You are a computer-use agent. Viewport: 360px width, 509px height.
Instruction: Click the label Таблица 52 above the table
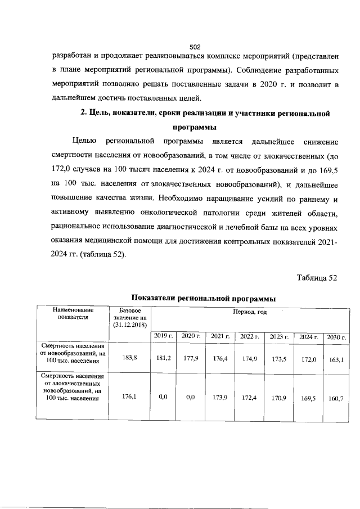pyautogui.click(x=317, y=277)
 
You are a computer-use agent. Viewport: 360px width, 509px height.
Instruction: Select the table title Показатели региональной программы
pyautogui.click(x=204, y=298)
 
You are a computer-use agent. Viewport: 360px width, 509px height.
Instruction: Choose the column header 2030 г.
pyautogui.click(x=336, y=336)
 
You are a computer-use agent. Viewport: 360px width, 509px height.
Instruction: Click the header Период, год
pyautogui.click(x=250, y=311)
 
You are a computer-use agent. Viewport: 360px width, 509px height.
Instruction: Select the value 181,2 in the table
pyautogui.click(x=164, y=357)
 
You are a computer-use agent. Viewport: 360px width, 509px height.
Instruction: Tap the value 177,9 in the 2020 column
pyautogui.click(x=191, y=357)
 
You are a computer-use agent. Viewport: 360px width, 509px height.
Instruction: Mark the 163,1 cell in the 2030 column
pyautogui.click(x=336, y=357)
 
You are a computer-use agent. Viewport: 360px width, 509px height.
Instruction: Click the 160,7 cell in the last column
pyautogui.click(x=336, y=398)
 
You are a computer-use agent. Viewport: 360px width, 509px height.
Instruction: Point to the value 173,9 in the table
pyautogui.click(x=219, y=397)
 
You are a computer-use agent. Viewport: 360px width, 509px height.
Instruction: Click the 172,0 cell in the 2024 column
pyautogui.click(x=307, y=357)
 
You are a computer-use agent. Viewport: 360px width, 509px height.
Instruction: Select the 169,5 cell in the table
pyautogui.click(x=307, y=398)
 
